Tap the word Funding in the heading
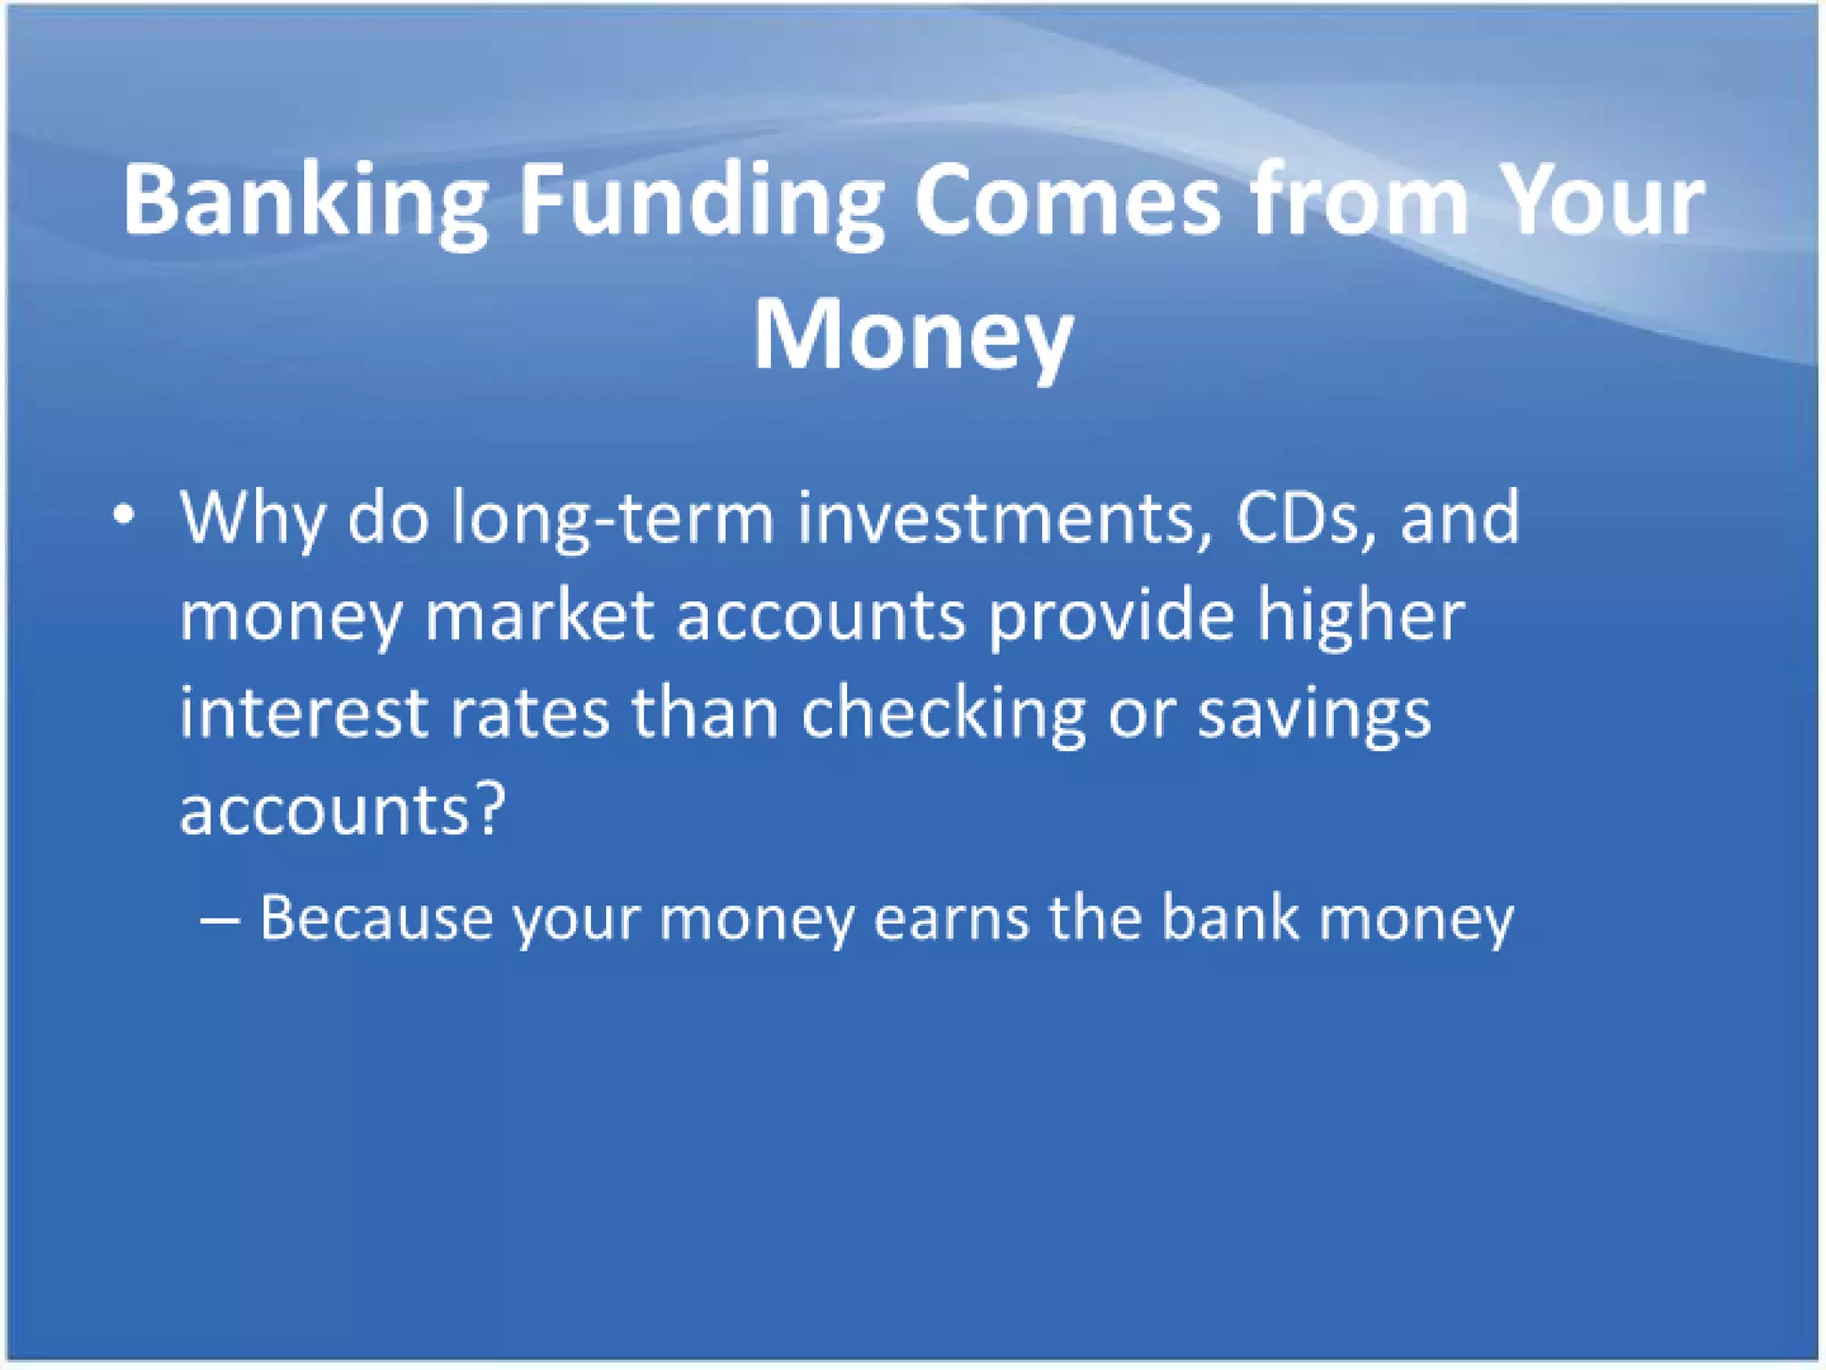pyautogui.click(x=701, y=202)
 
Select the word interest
pyautogui.click(x=304, y=714)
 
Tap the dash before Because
pyautogui.click(x=219, y=920)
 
